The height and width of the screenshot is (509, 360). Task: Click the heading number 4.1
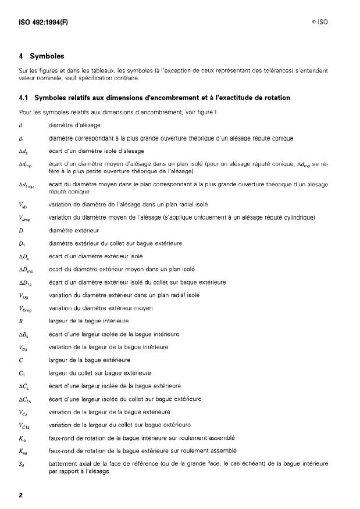[25, 97]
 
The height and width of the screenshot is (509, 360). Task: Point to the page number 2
[20, 495]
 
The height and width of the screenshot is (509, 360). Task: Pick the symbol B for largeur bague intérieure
[21, 320]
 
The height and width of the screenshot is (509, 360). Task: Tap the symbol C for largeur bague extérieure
[21, 360]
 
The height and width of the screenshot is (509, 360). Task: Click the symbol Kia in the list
[22, 438]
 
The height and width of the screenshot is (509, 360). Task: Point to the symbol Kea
[23, 450]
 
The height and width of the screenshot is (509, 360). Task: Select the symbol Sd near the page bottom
[22, 464]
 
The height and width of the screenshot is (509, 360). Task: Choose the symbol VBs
[23, 347]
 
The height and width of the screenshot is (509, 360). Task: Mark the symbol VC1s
[25, 425]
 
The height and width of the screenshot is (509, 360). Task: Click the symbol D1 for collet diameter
[22, 243]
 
